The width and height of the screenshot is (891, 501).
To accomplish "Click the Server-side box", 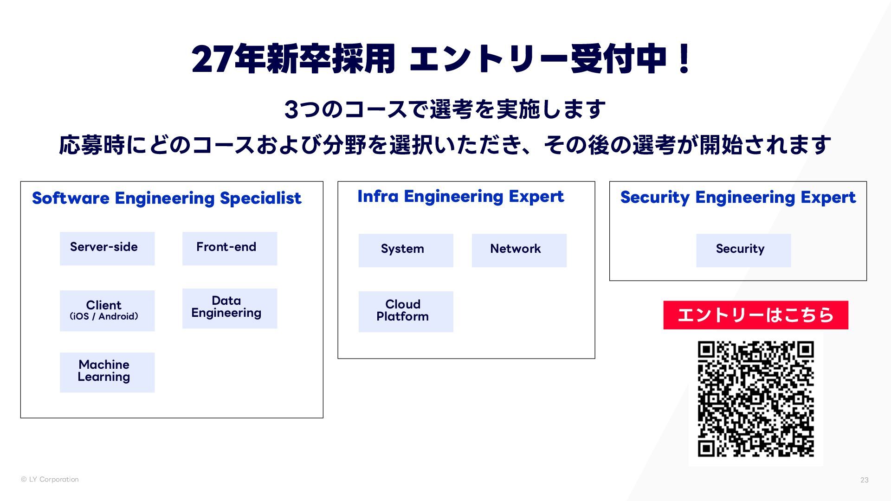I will click(107, 249).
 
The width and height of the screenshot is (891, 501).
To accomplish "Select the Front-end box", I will click(230, 249).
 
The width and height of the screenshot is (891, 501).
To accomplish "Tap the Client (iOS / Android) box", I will click(107, 311).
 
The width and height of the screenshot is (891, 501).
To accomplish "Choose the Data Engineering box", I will click(230, 308).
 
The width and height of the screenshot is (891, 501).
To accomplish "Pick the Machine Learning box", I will click(107, 372).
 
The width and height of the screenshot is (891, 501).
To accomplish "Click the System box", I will click(406, 250).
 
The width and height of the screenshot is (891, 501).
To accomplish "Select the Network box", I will click(519, 250).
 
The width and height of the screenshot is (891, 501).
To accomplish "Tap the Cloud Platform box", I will click(406, 312).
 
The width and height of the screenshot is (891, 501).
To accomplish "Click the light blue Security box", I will click(743, 250).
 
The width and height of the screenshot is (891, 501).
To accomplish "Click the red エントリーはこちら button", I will click(755, 315).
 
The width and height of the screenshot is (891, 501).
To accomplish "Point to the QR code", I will click(755, 399).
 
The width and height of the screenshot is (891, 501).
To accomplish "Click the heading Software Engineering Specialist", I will click(167, 198).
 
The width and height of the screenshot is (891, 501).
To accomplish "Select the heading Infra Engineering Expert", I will click(460, 197).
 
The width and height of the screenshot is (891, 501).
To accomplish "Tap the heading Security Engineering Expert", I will click(738, 198).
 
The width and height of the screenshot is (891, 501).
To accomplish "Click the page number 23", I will click(864, 480).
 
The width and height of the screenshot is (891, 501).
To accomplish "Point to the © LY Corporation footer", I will click(50, 479).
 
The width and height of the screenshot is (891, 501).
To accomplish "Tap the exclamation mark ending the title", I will click(684, 59).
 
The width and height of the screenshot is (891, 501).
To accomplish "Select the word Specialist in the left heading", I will click(260, 198).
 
